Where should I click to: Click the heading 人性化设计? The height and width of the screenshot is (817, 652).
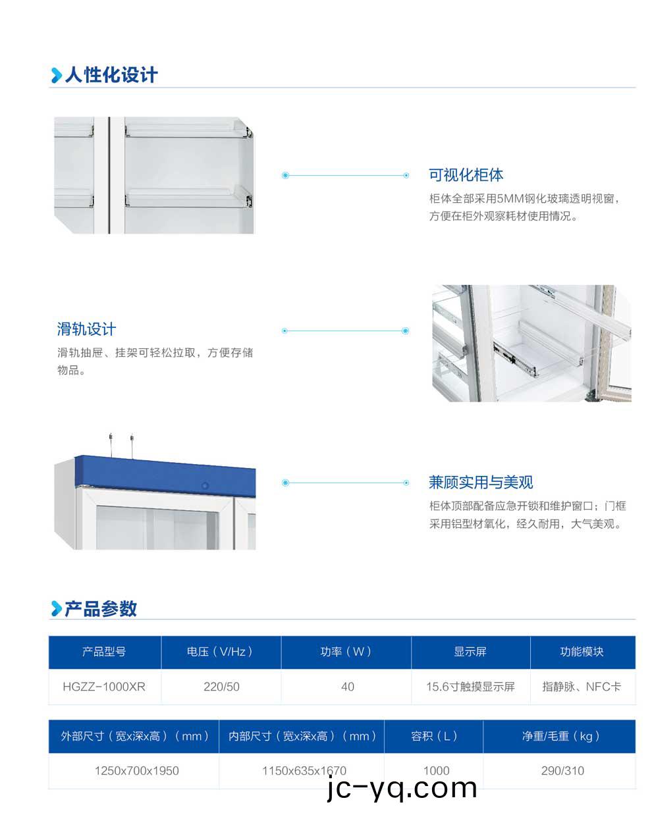pyautogui.click(x=111, y=75)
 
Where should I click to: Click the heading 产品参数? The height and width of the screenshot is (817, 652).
pyautogui.click(x=101, y=608)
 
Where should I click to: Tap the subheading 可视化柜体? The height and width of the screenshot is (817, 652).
pyautogui.click(x=466, y=175)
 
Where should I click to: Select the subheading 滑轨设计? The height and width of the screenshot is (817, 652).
pyautogui.click(x=86, y=329)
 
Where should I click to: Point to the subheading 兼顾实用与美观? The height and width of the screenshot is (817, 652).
pyautogui.click(x=480, y=483)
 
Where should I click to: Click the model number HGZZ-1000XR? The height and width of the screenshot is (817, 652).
pyautogui.click(x=104, y=687)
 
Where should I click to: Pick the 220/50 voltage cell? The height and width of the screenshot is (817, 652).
pyautogui.click(x=221, y=687)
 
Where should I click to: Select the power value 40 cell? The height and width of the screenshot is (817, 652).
pyautogui.click(x=347, y=687)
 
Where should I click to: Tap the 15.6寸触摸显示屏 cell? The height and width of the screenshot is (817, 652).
pyautogui.click(x=470, y=687)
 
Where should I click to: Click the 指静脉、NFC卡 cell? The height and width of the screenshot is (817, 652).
pyautogui.click(x=582, y=687)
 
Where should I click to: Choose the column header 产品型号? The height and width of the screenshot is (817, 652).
pyautogui.click(x=104, y=652)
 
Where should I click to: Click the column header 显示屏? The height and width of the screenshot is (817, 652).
pyautogui.click(x=470, y=652)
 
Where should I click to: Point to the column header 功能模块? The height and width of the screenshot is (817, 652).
pyautogui.click(x=582, y=652)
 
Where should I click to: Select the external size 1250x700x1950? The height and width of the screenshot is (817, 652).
pyautogui.click(x=136, y=771)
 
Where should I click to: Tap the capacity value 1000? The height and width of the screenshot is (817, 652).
pyautogui.click(x=436, y=771)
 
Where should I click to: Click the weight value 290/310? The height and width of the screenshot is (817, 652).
pyautogui.click(x=562, y=771)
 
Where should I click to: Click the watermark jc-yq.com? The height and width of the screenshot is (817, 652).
pyautogui.click(x=402, y=788)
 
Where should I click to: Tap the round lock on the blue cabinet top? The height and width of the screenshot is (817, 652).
pyautogui.click(x=205, y=486)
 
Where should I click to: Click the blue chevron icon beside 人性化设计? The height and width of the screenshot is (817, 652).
pyautogui.click(x=56, y=76)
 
